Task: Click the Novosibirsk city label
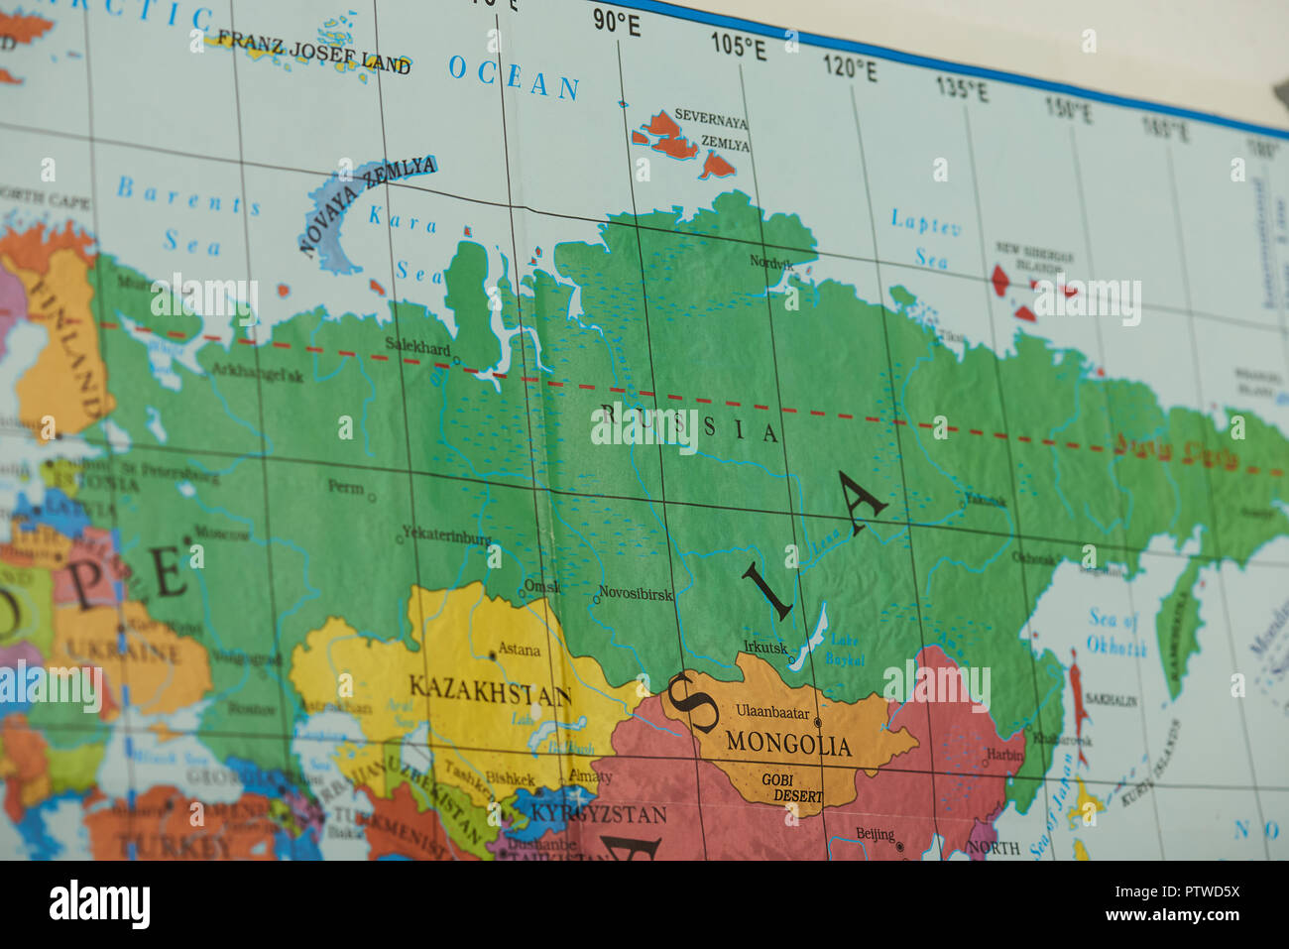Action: [636, 595]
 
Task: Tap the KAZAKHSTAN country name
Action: [490, 690]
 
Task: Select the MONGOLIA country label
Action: [788, 743]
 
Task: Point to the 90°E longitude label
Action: [617, 23]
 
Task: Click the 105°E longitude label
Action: [738, 46]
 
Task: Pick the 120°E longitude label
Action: [850, 68]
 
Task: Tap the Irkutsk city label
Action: [765, 648]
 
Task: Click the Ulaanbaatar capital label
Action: [772, 711]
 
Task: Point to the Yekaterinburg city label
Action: [447, 538]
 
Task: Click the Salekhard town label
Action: [417, 347]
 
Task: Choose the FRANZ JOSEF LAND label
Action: [313, 52]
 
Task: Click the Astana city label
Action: [519, 650]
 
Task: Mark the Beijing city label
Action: [875, 835]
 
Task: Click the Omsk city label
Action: [541, 587]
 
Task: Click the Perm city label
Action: [346, 487]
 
